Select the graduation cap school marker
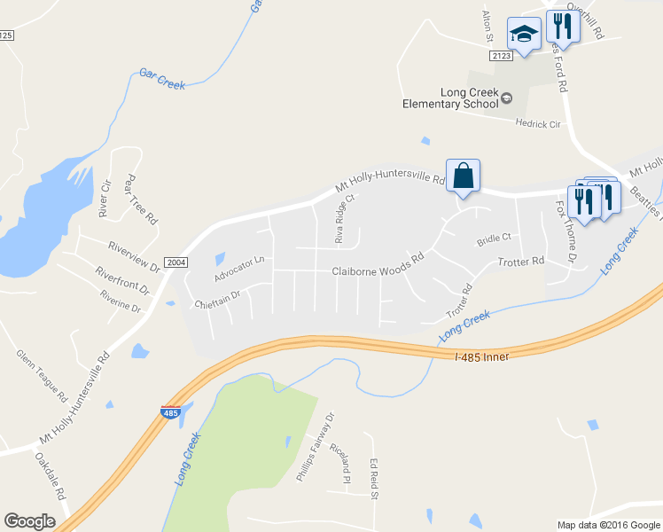[524, 35]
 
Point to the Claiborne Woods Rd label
[378, 272]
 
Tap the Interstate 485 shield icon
[171, 412]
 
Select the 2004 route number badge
[176, 262]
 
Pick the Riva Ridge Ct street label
[344, 219]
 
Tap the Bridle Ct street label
[495, 239]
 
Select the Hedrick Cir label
[539, 124]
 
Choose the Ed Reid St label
[375, 478]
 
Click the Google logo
[29, 521]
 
